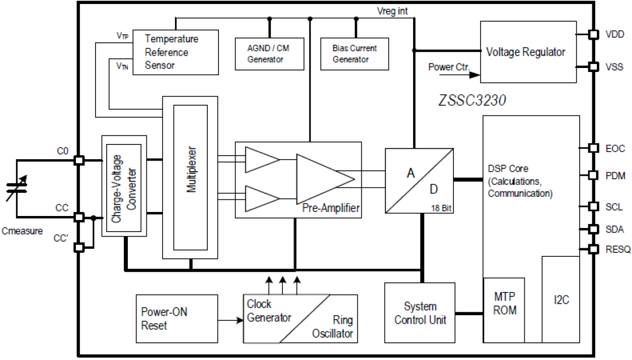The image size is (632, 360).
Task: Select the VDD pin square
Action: (x=594, y=34)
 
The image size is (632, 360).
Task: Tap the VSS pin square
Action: (x=594, y=66)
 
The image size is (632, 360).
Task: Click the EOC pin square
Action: (x=594, y=148)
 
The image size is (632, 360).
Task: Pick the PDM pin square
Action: (x=594, y=175)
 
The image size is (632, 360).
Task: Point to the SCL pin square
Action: (x=594, y=206)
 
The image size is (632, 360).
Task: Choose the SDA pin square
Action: (x=594, y=229)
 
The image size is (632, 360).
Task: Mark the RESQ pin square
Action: (x=594, y=249)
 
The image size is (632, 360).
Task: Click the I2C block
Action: (x=561, y=299)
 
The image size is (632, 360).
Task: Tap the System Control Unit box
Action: (x=420, y=313)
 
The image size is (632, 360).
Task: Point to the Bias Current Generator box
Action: (x=355, y=53)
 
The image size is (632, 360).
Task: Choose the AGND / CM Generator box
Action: (x=270, y=53)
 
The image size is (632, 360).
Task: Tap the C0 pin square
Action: (x=78, y=161)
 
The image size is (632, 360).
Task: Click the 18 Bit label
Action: (x=442, y=207)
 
